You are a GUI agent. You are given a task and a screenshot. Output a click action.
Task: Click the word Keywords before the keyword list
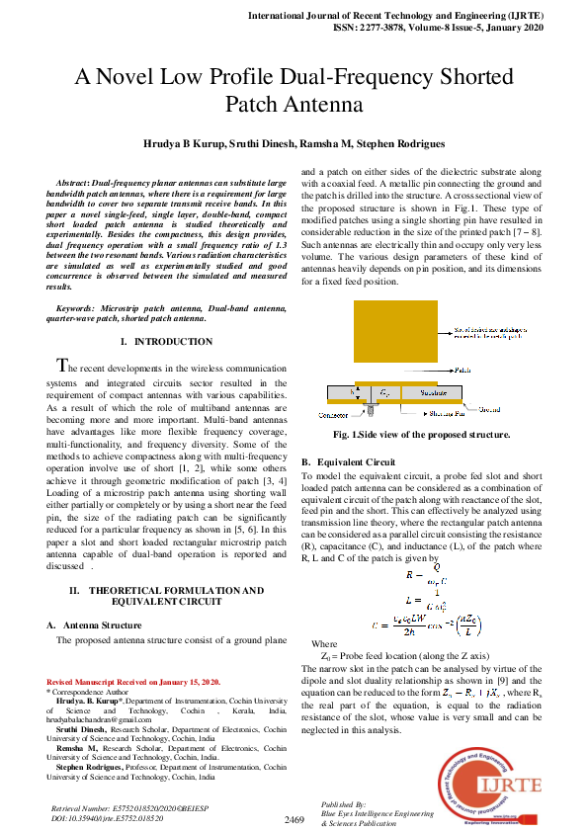(x=80, y=309)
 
